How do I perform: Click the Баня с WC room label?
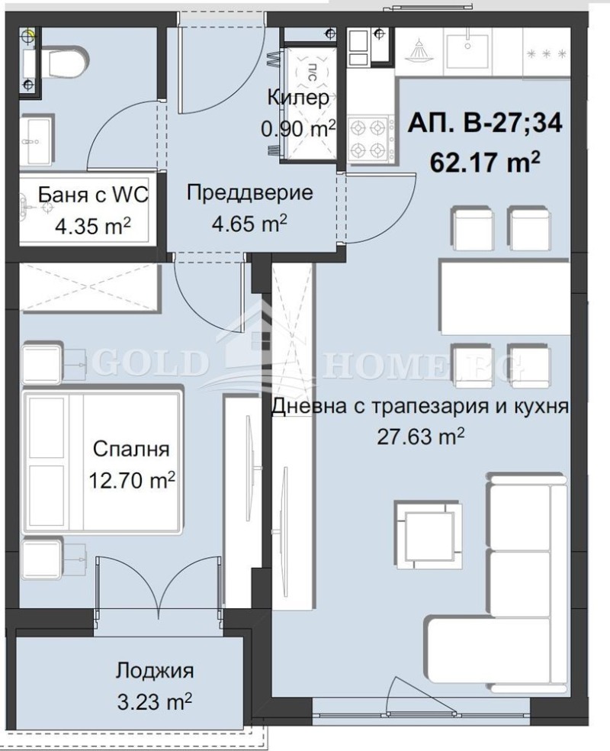(x=82, y=195)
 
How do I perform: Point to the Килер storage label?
(x=298, y=98)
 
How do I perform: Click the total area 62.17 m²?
(x=485, y=162)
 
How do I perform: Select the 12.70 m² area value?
(x=132, y=481)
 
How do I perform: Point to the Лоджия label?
(x=155, y=671)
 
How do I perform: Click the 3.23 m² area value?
(x=155, y=701)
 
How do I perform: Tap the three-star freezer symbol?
(x=547, y=53)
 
